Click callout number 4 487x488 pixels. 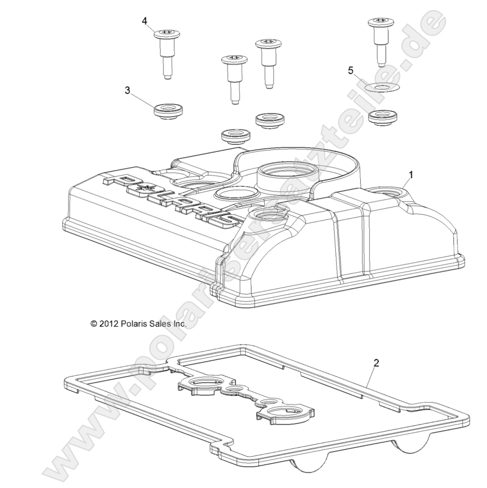pos(145,21)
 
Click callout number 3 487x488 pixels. pos(127,91)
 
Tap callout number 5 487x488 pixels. pos(351,71)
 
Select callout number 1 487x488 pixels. pos(411,175)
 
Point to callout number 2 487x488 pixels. pos(376,363)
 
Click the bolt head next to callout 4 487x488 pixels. pos(167,34)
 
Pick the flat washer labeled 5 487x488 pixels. pos(382,88)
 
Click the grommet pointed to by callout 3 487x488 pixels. pos(168,111)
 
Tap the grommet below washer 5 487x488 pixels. pos(383,117)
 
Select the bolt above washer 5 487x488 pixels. pos(382,42)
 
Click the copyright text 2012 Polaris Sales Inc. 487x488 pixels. pos(139,324)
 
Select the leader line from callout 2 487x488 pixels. pos(371,377)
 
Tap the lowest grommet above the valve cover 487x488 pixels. pos(235,137)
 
